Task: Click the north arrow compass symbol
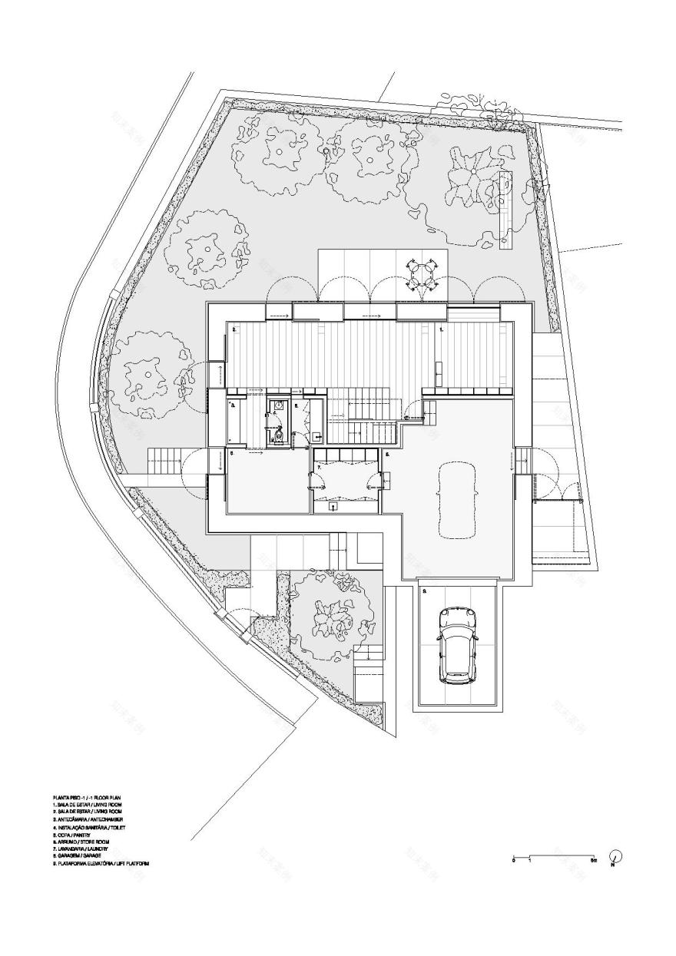614,857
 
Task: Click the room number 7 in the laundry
319,467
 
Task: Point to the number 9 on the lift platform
424,591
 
